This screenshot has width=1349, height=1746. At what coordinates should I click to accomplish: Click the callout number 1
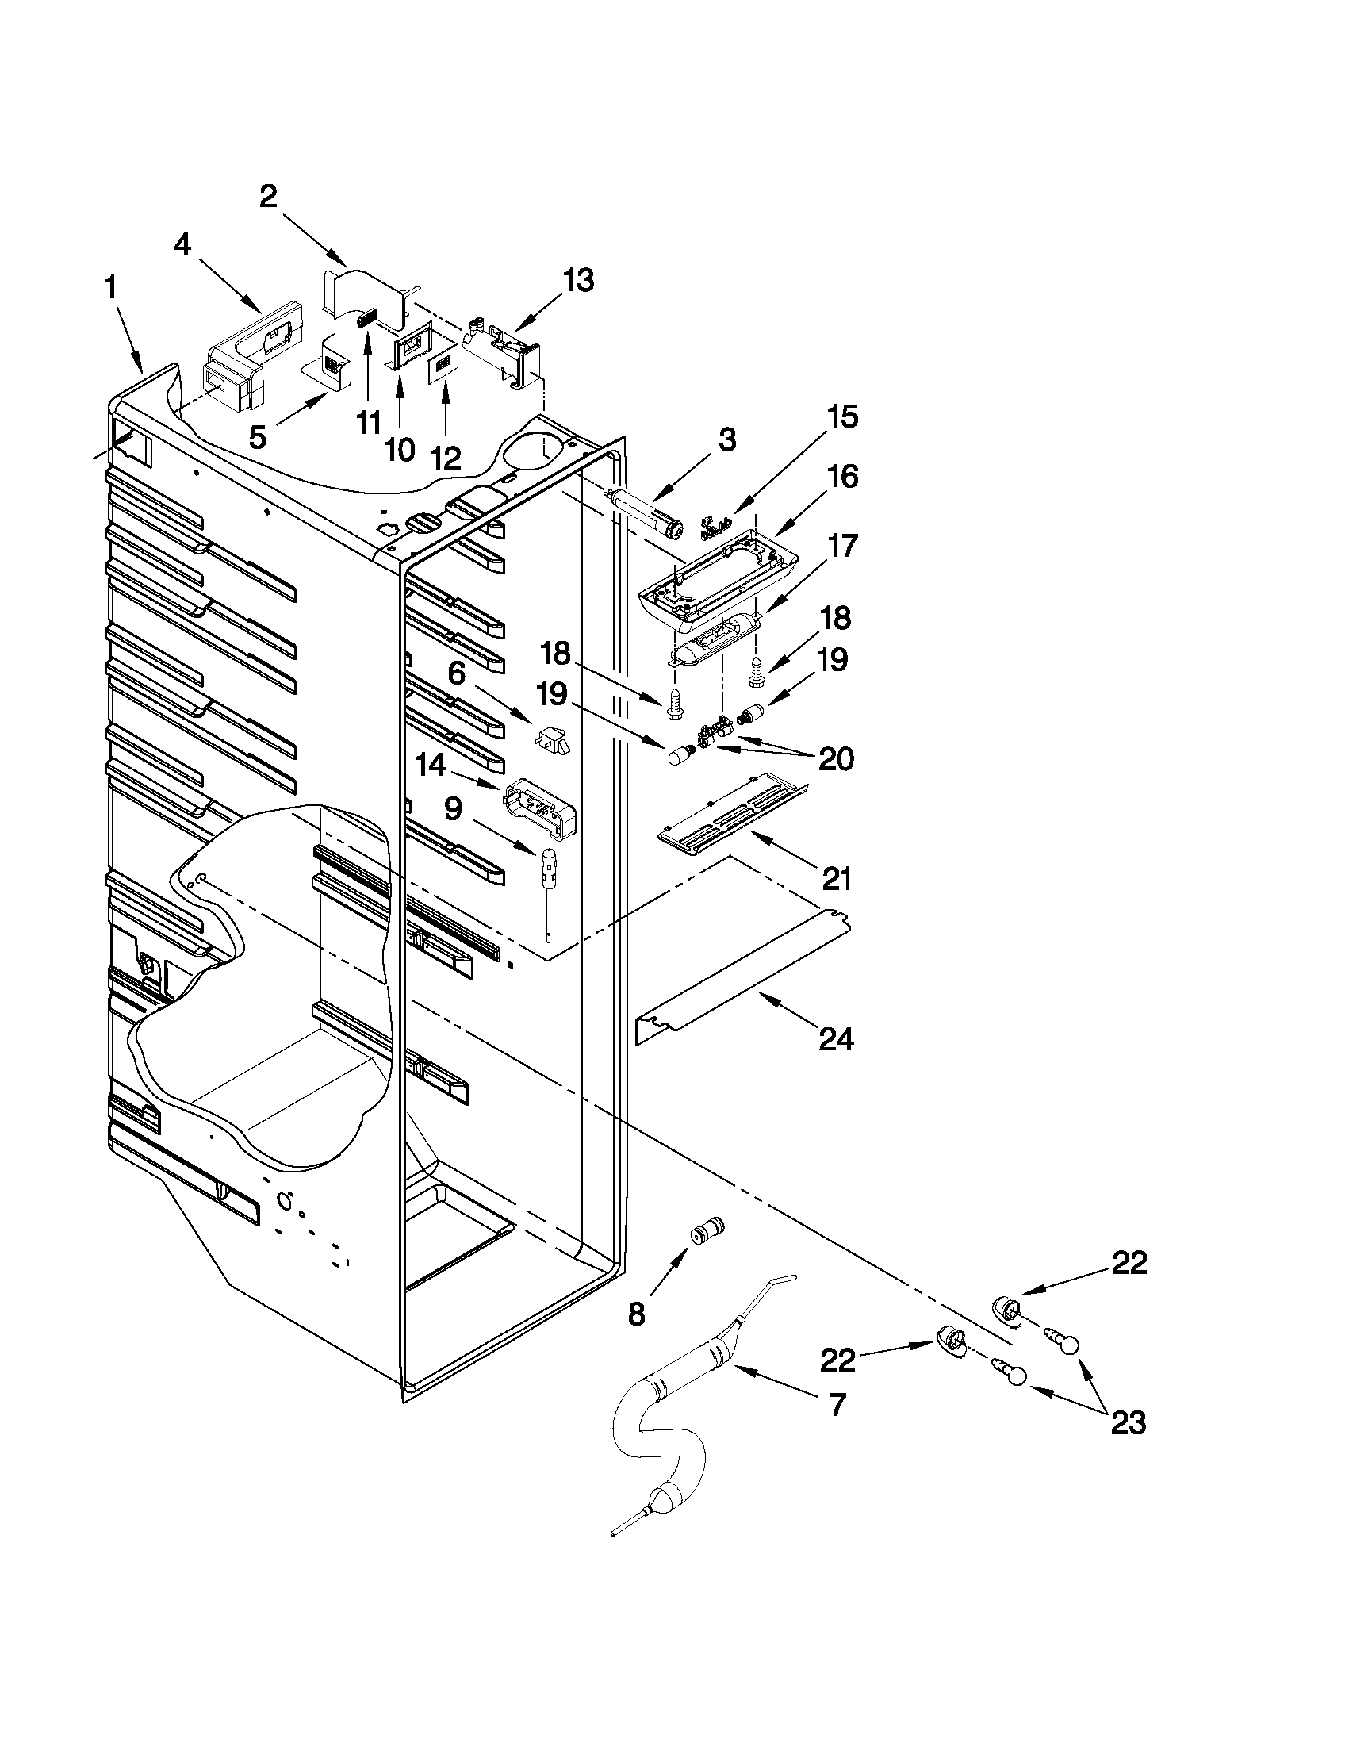(x=111, y=289)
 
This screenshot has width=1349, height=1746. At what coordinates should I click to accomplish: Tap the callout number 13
(x=578, y=281)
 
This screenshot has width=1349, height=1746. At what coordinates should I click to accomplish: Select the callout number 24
(x=835, y=1039)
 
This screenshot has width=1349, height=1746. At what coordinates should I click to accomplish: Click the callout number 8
(x=636, y=1314)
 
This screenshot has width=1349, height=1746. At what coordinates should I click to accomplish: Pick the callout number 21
(x=836, y=879)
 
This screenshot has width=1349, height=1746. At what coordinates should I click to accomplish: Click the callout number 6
(x=456, y=673)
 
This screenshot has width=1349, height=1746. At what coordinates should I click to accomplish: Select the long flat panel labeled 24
(x=743, y=980)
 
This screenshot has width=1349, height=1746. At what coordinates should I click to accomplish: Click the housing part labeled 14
(x=542, y=808)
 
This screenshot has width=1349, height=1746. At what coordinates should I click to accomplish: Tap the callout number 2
(x=269, y=196)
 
